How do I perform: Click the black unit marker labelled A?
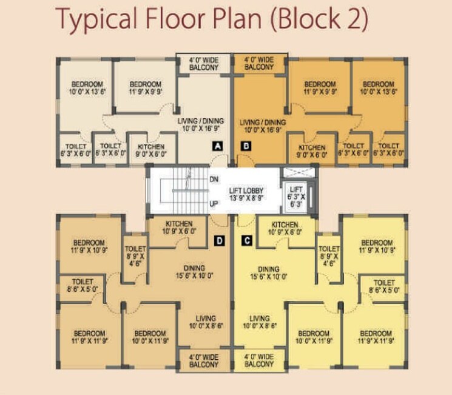[217, 146]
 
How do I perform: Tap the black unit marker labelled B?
[246, 146]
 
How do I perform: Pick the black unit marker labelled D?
[219, 241]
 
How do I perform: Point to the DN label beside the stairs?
[214, 180]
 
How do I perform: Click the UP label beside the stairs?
[214, 204]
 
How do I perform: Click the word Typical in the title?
[103, 21]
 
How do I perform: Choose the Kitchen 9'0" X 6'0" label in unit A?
[151, 150]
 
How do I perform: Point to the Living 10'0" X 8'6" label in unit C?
[259, 322]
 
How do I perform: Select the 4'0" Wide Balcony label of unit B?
[259, 64]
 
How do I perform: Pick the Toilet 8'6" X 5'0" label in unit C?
[384, 287]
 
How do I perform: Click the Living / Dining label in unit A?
[197, 125]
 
